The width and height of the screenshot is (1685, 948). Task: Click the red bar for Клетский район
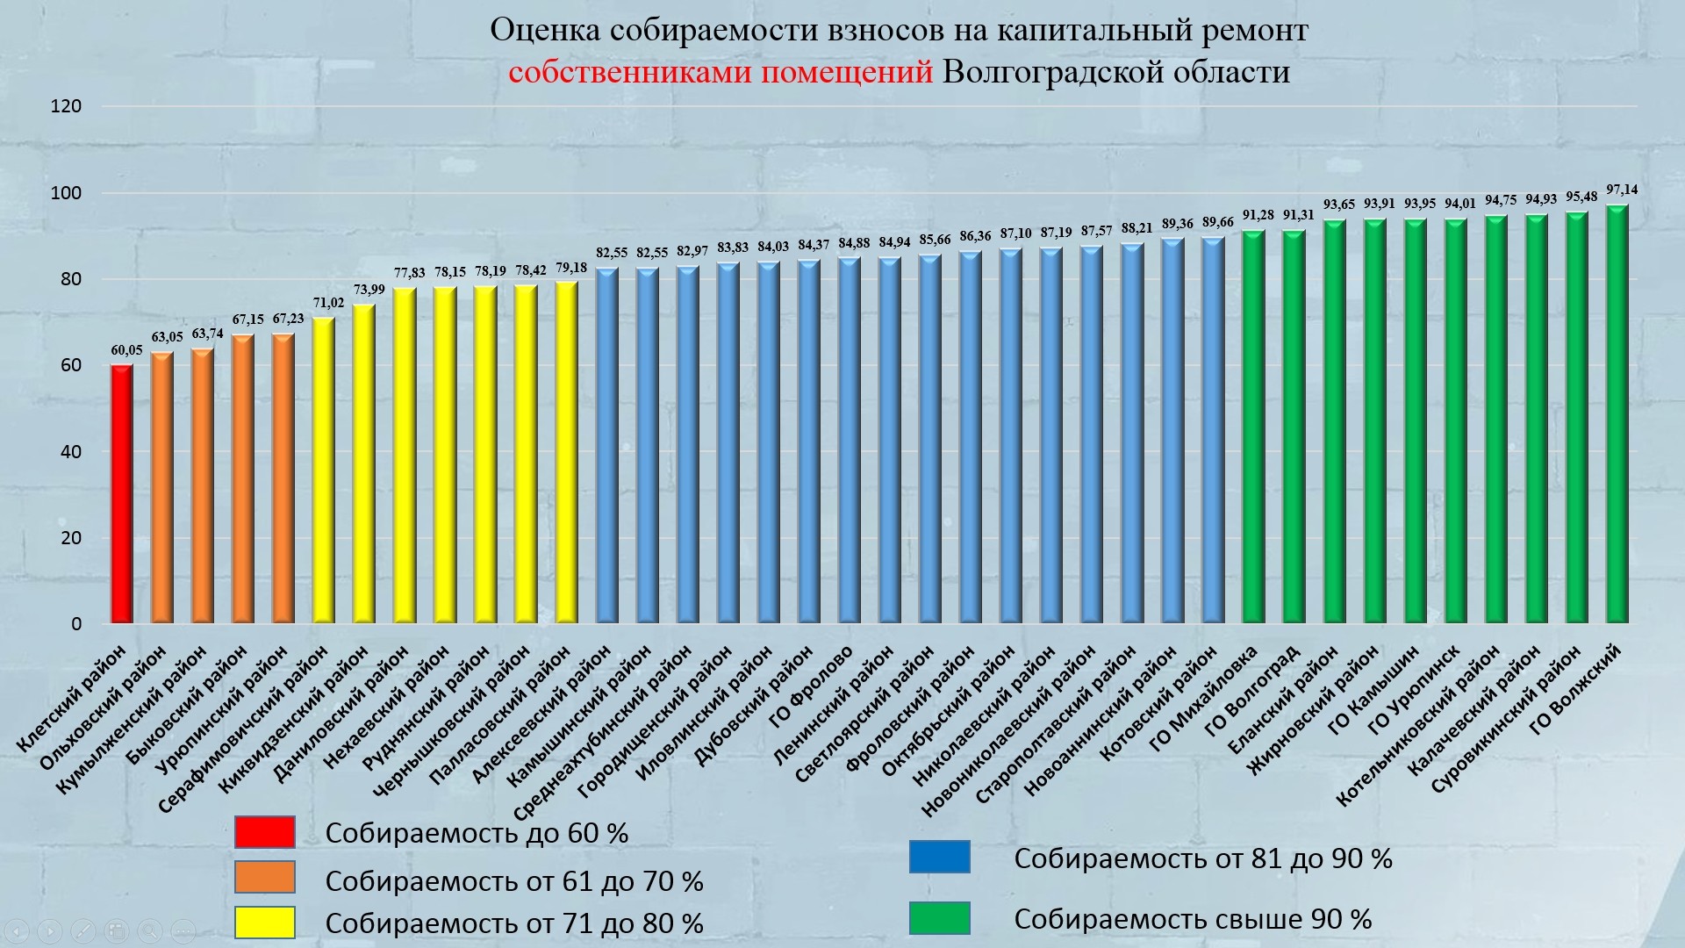pyautogui.click(x=122, y=494)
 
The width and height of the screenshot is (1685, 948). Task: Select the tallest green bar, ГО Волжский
pyautogui.click(x=1617, y=414)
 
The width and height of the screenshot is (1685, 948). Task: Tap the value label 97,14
pyautogui.click(x=1621, y=190)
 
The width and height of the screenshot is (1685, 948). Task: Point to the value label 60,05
pyautogui.click(x=126, y=350)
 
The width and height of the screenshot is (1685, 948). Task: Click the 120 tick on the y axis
pyautogui.click(x=66, y=106)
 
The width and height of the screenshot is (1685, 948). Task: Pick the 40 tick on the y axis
pyautogui.click(x=69, y=452)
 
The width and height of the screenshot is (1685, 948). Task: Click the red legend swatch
pyautogui.click(x=264, y=832)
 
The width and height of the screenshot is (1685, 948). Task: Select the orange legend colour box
pyautogui.click(x=264, y=877)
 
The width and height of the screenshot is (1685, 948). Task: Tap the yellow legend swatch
pyautogui.click(x=264, y=922)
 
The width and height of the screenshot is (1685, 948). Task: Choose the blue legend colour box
pyautogui.click(x=939, y=857)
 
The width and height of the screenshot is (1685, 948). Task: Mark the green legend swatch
pyautogui.click(x=939, y=918)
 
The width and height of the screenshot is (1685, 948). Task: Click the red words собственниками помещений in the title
pyautogui.click(x=720, y=71)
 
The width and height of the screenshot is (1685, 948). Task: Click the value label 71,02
pyautogui.click(x=328, y=303)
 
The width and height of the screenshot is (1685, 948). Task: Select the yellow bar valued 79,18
pyautogui.click(x=566, y=453)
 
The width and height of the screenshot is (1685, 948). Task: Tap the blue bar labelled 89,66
pyautogui.click(x=1213, y=430)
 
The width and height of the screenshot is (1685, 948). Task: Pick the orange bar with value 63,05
pyautogui.click(x=162, y=488)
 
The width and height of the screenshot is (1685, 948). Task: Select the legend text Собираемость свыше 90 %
pyautogui.click(x=1192, y=919)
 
